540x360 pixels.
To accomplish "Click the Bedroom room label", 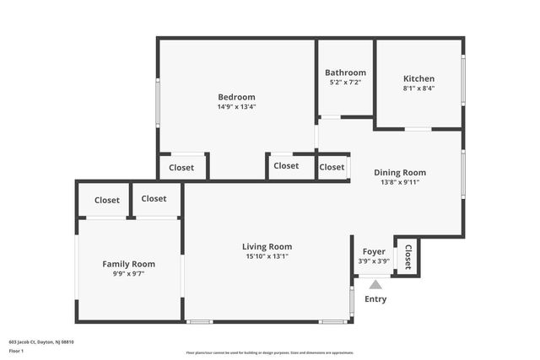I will pos(236,97).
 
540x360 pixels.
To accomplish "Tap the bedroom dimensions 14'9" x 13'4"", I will pos(236,107).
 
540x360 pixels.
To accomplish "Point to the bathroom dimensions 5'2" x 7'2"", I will pos(346,83).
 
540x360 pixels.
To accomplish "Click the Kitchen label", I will pos(418,78).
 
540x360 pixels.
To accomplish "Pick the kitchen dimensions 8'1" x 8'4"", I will pos(418,89).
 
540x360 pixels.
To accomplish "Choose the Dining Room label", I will pos(400,172).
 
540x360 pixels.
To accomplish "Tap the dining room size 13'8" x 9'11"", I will pos(400,182).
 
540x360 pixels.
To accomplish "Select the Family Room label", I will pos(129,264).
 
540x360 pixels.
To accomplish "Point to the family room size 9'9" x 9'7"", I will pos(129,274).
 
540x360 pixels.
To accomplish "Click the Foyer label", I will pos(374,251).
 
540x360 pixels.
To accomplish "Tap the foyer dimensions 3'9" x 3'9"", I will pos(374,261).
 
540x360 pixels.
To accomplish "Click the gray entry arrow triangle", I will pos(375,285).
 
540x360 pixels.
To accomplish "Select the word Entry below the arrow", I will pos(375,299).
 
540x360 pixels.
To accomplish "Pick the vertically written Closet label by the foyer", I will pos(408,256).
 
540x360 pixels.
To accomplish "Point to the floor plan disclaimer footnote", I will pos(269,352).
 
